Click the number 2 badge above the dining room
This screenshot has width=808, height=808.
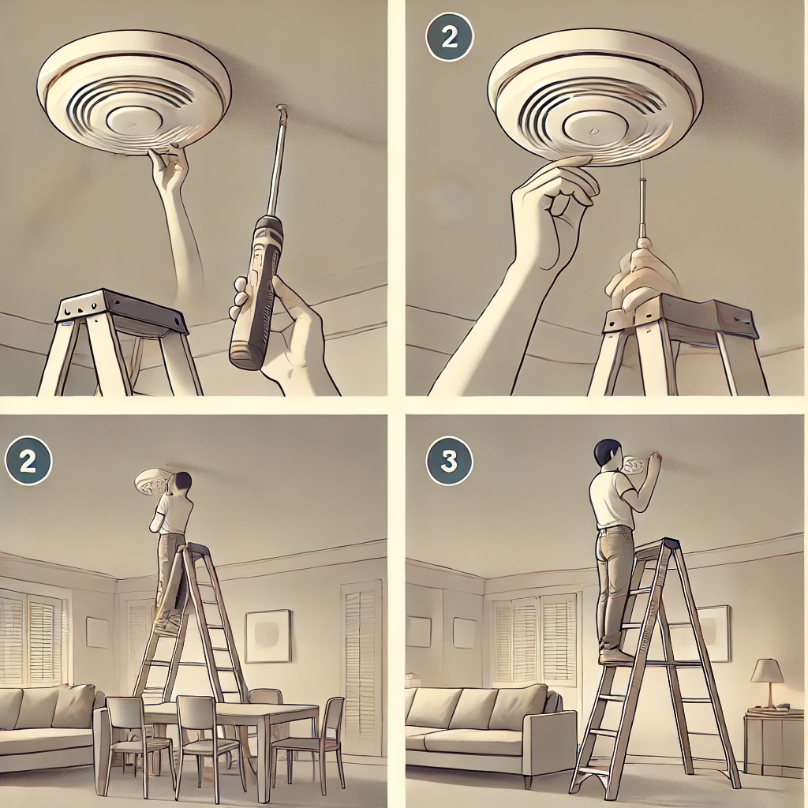click(x=28, y=461)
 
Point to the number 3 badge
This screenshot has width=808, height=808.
click(x=449, y=461)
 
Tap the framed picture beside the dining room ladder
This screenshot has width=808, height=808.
click(x=267, y=635)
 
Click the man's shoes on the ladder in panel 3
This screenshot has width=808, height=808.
click(x=615, y=656)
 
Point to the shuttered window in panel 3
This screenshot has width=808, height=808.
click(x=533, y=640)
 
